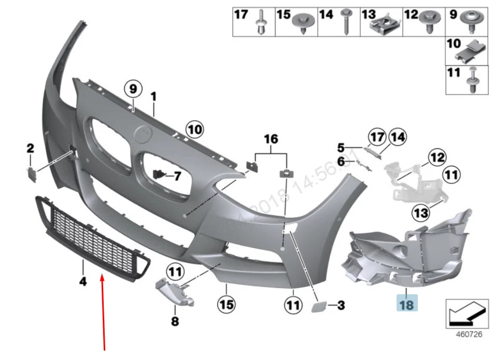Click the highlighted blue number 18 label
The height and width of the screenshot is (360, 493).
[x=406, y=304]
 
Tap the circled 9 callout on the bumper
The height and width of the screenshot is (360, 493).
[x=133, y=89]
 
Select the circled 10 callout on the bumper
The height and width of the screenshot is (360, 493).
[x=195, y=128]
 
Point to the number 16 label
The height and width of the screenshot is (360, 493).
[x=271, y=139]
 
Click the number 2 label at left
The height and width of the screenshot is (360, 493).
[x=30, y=149]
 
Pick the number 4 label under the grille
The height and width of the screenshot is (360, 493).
[x=83, y=281]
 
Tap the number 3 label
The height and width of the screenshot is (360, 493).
[x=341, y=306]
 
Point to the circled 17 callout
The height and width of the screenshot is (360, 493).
[x=377, y=137]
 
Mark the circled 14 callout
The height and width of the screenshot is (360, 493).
[x=397, y=137]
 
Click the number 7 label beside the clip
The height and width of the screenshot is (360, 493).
[x=177, y=176]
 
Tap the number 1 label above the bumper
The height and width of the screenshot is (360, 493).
[x=153, y=96]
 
